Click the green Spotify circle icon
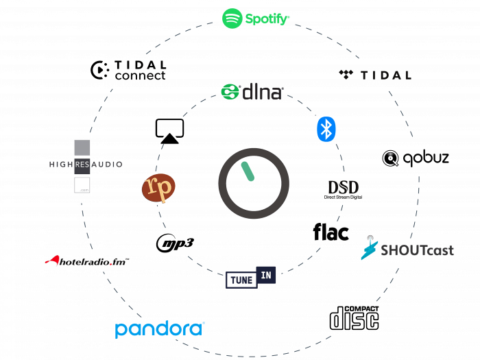(232, 19)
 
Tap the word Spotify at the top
(267, 19)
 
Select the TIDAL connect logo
(128, 70)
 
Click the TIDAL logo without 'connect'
(376, 75)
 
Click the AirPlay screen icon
(169, 130)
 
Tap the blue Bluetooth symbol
(326, 129)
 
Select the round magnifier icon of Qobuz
(391, 159)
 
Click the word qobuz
(426, 158)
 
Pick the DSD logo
(343, 188)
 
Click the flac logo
(331, 233)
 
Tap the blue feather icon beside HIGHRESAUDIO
(369, 250)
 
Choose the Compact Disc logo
(354, 318)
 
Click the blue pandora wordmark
(159, 329)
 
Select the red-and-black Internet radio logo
(86, 261)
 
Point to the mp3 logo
(174, 243)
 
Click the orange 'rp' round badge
(159, 188)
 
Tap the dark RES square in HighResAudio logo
(82, 165)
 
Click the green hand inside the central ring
(248, 171)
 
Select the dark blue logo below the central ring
(251, 277)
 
